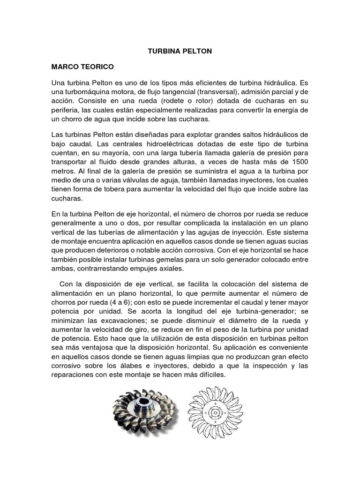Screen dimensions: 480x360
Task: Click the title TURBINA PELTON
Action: [x=180, y=51]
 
